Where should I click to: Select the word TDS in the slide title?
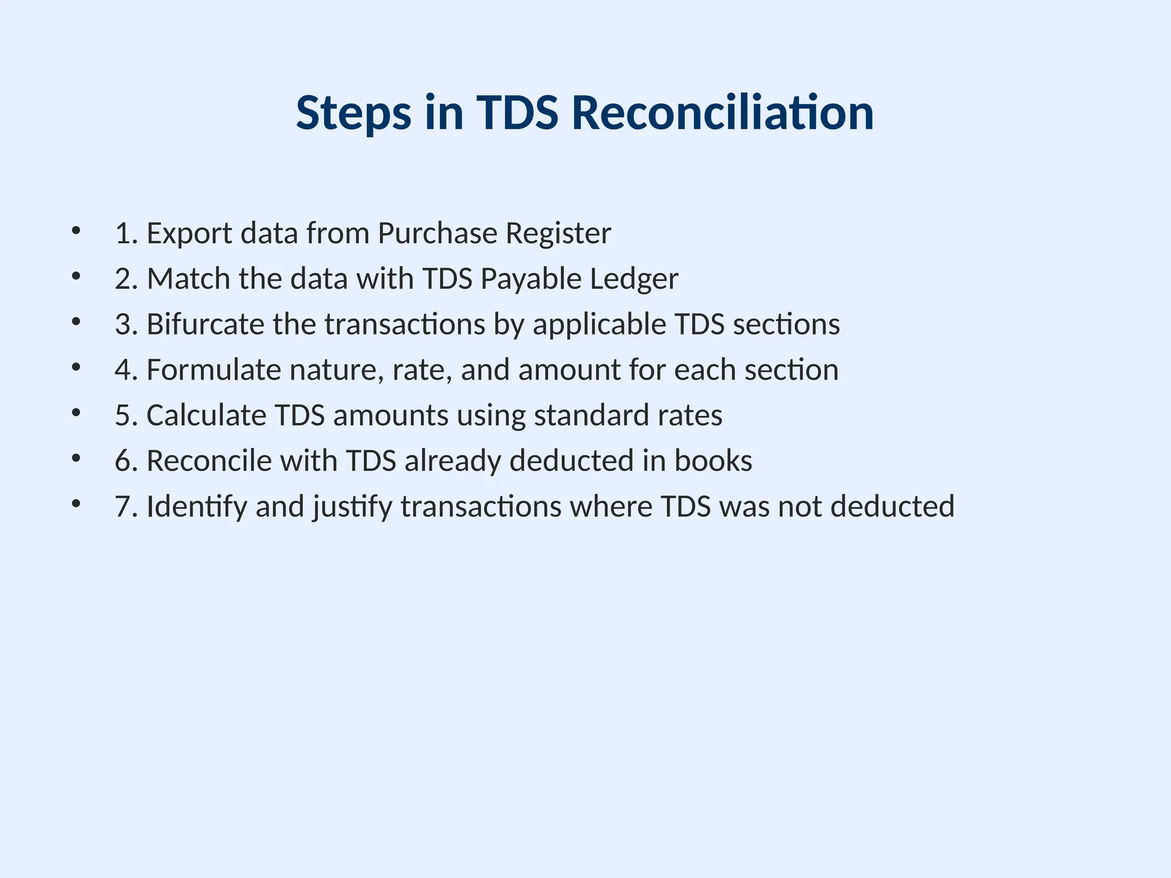[x=517, y=113]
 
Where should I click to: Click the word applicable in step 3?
[x=599, y=325]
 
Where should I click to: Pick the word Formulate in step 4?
[x=213, y=370]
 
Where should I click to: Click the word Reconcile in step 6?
[x=209, y=461]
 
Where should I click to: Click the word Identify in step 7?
[x=196, y=507]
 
